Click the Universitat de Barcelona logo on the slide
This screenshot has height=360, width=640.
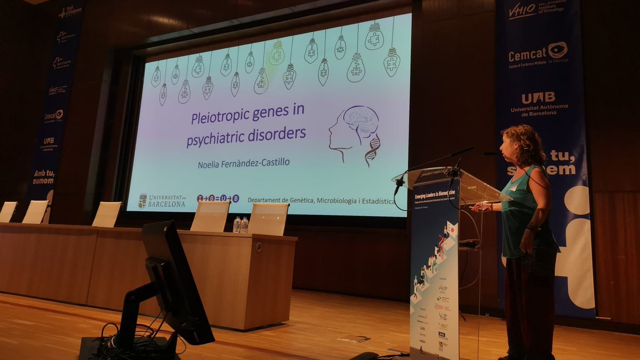click(162, 201)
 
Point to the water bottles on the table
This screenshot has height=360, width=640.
click(240, 225)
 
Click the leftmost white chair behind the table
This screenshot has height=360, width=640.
click(8, 212)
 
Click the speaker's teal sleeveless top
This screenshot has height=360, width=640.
click(519, 207)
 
